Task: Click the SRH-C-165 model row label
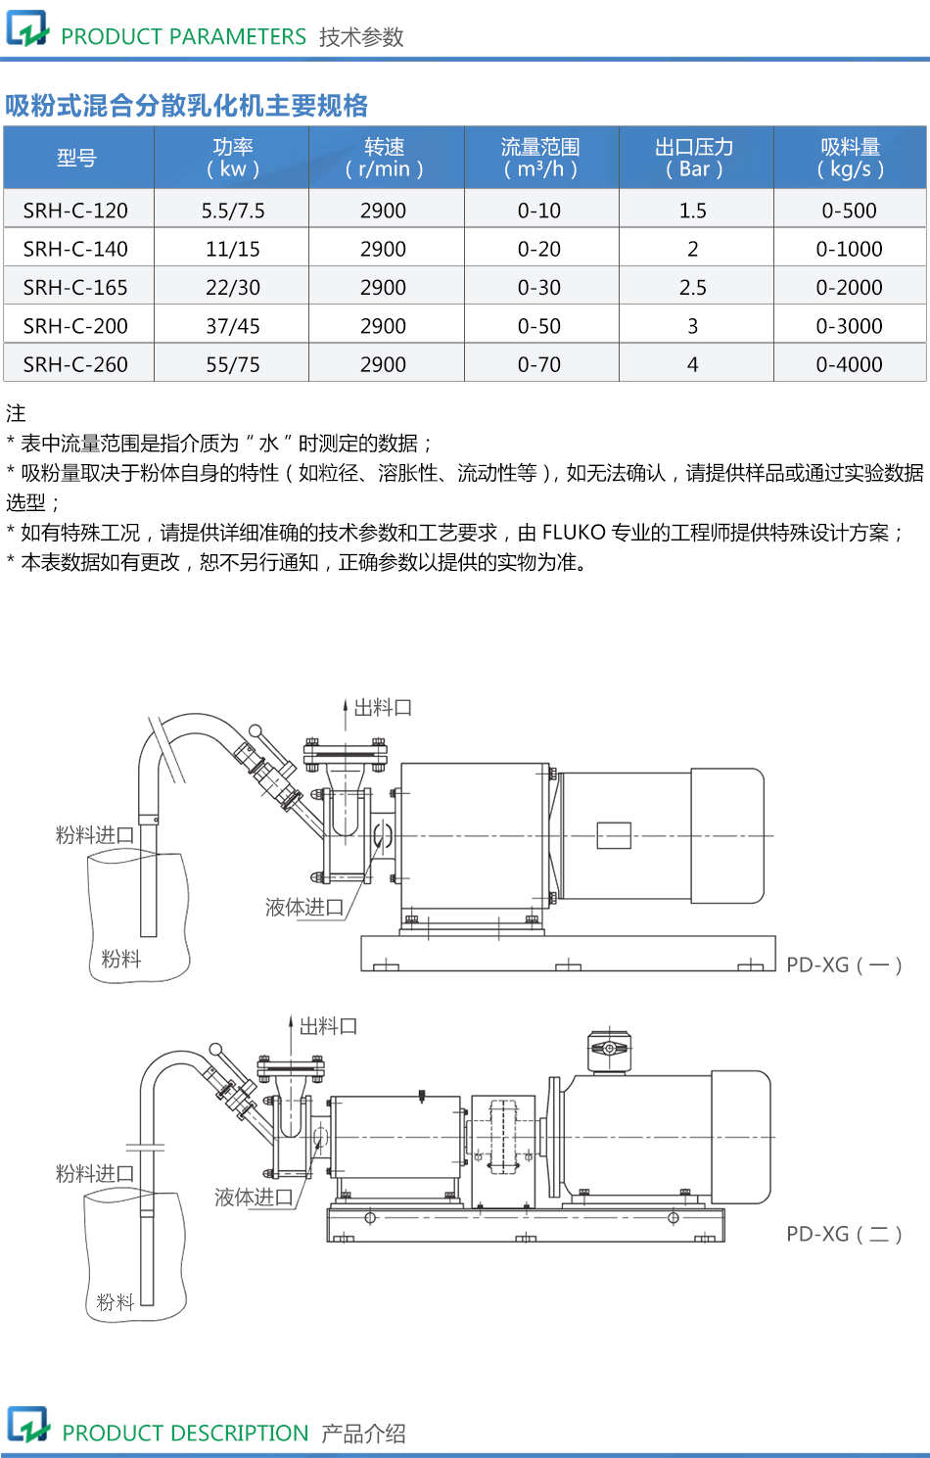click(75, 287)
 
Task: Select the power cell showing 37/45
click(232, 325)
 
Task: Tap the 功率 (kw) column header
click(232, 158)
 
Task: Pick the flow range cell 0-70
click(539, 364)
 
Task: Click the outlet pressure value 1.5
click(693, 211)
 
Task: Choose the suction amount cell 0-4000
click(849, 364)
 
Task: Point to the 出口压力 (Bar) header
click(694, 158)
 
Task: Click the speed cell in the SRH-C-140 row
click(383, 249)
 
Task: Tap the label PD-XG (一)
click(844, 965)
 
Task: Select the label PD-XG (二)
click(844, 1234)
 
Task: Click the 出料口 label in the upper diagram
click(382, 707)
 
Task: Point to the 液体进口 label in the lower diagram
click(254, 1197)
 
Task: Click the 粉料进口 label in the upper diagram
click(94, 834)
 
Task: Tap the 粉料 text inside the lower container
click(115, 1301)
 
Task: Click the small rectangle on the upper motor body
click(614, 835)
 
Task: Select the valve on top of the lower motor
click(608, 1050)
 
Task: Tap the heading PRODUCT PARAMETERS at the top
click(183, 37)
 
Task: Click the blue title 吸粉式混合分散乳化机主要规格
click(186, 106)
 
